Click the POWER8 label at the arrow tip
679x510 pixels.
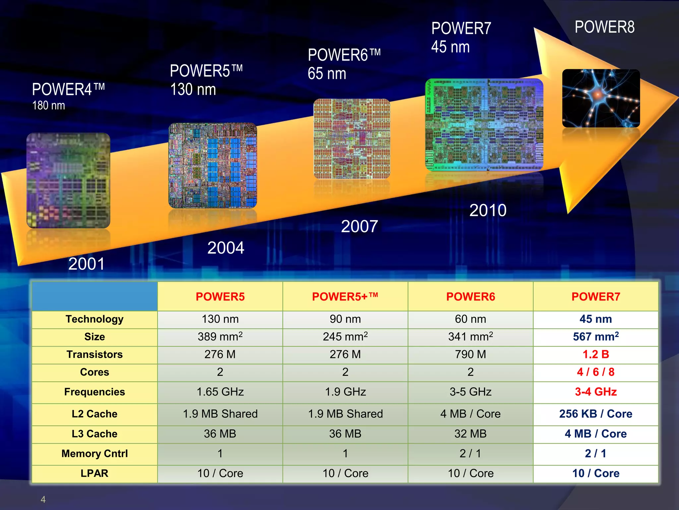click(x=604, y=27)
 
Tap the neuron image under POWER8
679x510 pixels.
click(x=601, y=98)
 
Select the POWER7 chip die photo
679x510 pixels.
click(x=484, y=125)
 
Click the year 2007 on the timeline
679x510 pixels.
click(x=359, y=226)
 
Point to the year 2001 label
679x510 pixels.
click(x=87, y=264)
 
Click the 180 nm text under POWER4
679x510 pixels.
click(x=48, y=106)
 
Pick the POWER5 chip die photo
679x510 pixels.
click(x=213, y=165)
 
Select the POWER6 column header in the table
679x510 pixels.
click(x=470, y=297)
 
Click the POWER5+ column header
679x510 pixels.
click(x=345, y=297)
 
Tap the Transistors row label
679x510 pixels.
click(x=94, y=354)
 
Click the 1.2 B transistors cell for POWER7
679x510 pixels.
click(x=595, y=354)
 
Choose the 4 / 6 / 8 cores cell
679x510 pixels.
click(x=595, y=372)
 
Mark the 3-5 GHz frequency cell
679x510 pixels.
click(x=470, y=392)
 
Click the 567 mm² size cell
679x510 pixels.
click(x=595, y=336)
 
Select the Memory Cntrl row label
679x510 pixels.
click(x=94, y=454)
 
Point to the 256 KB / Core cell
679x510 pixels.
click(x=595, y=414)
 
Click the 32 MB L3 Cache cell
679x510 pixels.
click(x=470, y=434)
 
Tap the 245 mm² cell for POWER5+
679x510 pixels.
click(x=345, y=336)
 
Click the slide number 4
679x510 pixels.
click(x=43, y=499)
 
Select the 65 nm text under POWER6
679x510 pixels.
click(x=327, y=74)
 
